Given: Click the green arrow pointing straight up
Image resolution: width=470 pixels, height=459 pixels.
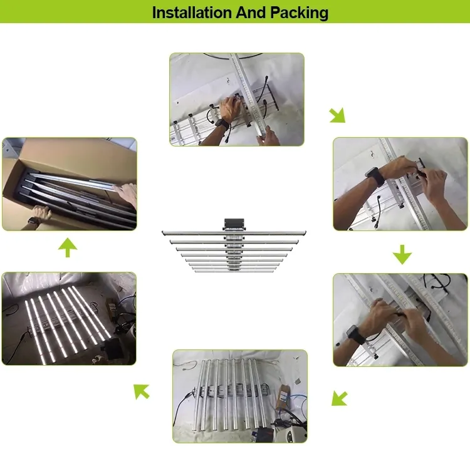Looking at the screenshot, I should point(67,249).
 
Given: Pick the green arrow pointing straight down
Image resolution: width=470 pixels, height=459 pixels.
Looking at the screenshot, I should point(402,254).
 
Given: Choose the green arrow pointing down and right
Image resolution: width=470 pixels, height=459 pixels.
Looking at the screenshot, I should point(337,115).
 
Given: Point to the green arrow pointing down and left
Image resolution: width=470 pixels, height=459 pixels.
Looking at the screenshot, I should point(339,398).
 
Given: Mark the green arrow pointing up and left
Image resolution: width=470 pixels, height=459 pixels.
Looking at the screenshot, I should point(142,391).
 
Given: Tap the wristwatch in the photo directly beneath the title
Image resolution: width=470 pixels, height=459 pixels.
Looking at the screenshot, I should point(221,123).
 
